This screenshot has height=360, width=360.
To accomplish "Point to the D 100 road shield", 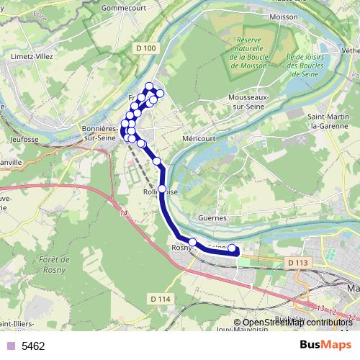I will [145, 48].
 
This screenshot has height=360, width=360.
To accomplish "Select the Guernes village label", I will [212, 217].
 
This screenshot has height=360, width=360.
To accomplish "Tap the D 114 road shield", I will [161, 299].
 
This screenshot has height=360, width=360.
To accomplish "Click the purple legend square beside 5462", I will [10, 346].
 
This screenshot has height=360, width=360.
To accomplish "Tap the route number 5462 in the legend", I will [33, 346].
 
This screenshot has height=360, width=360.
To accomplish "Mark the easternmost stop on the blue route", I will [233, 250].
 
